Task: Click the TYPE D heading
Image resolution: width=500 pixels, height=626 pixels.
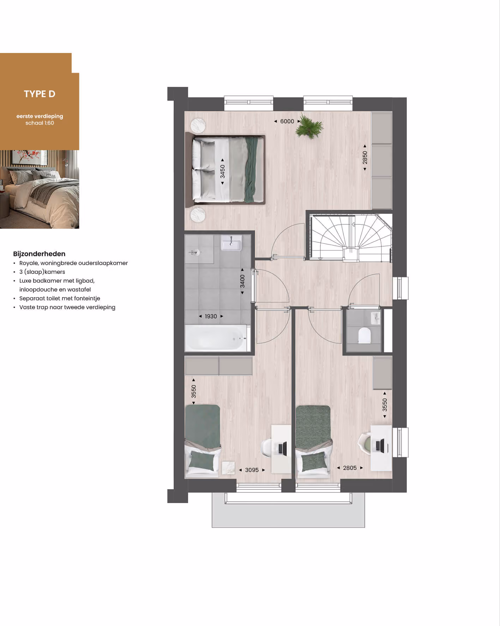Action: pos(40,94)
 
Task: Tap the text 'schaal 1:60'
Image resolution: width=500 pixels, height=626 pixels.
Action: pos(40,123)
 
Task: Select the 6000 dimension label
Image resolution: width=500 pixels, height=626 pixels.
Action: pos(287,121)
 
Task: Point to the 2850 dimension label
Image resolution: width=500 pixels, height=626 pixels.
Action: pos(365,158)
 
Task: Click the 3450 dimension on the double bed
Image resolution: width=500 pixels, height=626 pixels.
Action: pos(222,172)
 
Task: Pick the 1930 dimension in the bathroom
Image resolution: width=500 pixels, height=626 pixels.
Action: pos(211,316)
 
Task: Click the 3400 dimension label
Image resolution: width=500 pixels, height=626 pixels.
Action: pos(242,281)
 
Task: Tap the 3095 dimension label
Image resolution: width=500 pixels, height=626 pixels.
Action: pos(252,470)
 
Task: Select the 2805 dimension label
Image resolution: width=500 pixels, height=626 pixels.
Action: pos(350,468)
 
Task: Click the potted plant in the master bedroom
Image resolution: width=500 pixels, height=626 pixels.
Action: pos(309,126)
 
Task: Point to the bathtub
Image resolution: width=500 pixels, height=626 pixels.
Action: pos(216,338)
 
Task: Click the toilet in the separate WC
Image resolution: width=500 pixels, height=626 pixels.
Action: pos(364,336)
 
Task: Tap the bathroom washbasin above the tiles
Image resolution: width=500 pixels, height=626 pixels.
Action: pos(231,243)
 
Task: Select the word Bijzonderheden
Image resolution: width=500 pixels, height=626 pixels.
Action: pos(39,254)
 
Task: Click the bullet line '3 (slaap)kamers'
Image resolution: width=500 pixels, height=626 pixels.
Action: pos(42,272)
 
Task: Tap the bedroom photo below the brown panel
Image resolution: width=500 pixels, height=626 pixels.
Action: pos(40,189)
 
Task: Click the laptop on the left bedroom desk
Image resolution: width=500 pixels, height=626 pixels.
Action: pos(282,448)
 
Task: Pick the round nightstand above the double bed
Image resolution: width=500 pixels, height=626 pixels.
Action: pos(198,125)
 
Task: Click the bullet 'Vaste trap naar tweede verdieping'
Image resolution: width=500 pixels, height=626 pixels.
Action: pos(67,307)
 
